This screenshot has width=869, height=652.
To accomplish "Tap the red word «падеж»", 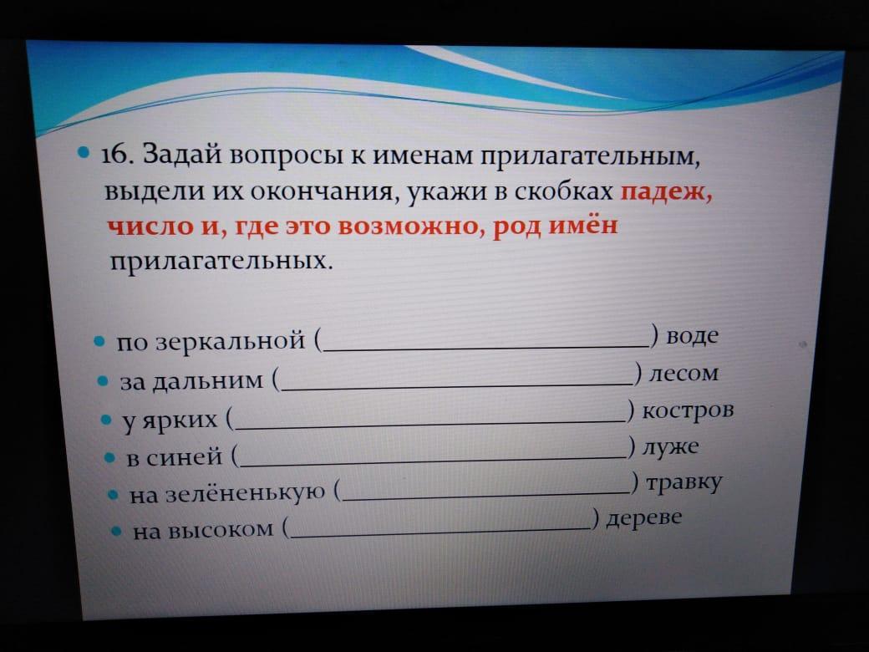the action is pyautogui.click(x=666, y=192).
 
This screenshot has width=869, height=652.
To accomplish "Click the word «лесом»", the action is pyautogui.click(x=684, y=373).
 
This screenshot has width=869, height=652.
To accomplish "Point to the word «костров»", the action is pyautogui.click(x=688, y=410).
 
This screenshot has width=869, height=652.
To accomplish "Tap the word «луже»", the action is pyautogui.click(x=670, y=446).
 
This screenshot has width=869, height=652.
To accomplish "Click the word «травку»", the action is pyautogui.click(x=684, y=483).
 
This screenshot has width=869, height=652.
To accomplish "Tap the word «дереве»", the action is pyautogui.click(x=643, y=518).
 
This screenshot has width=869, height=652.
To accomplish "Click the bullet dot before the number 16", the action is pyautogui.click(x=84, y=151).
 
